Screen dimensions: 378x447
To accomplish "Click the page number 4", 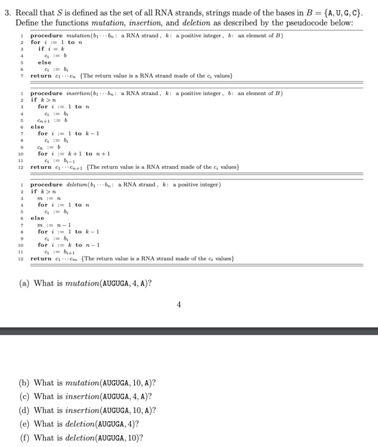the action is (x=179, y=305).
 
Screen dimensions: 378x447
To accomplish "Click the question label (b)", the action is (x=25, y=383).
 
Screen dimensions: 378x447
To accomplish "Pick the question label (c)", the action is (x=25, y=397).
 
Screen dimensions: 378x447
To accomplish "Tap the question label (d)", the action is (x=25, y=410).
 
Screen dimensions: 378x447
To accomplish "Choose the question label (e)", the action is (x=25, y=424).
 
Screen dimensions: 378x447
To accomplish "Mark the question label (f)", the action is (x=25, y=438).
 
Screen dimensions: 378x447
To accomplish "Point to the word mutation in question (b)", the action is (x=83, y=383).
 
